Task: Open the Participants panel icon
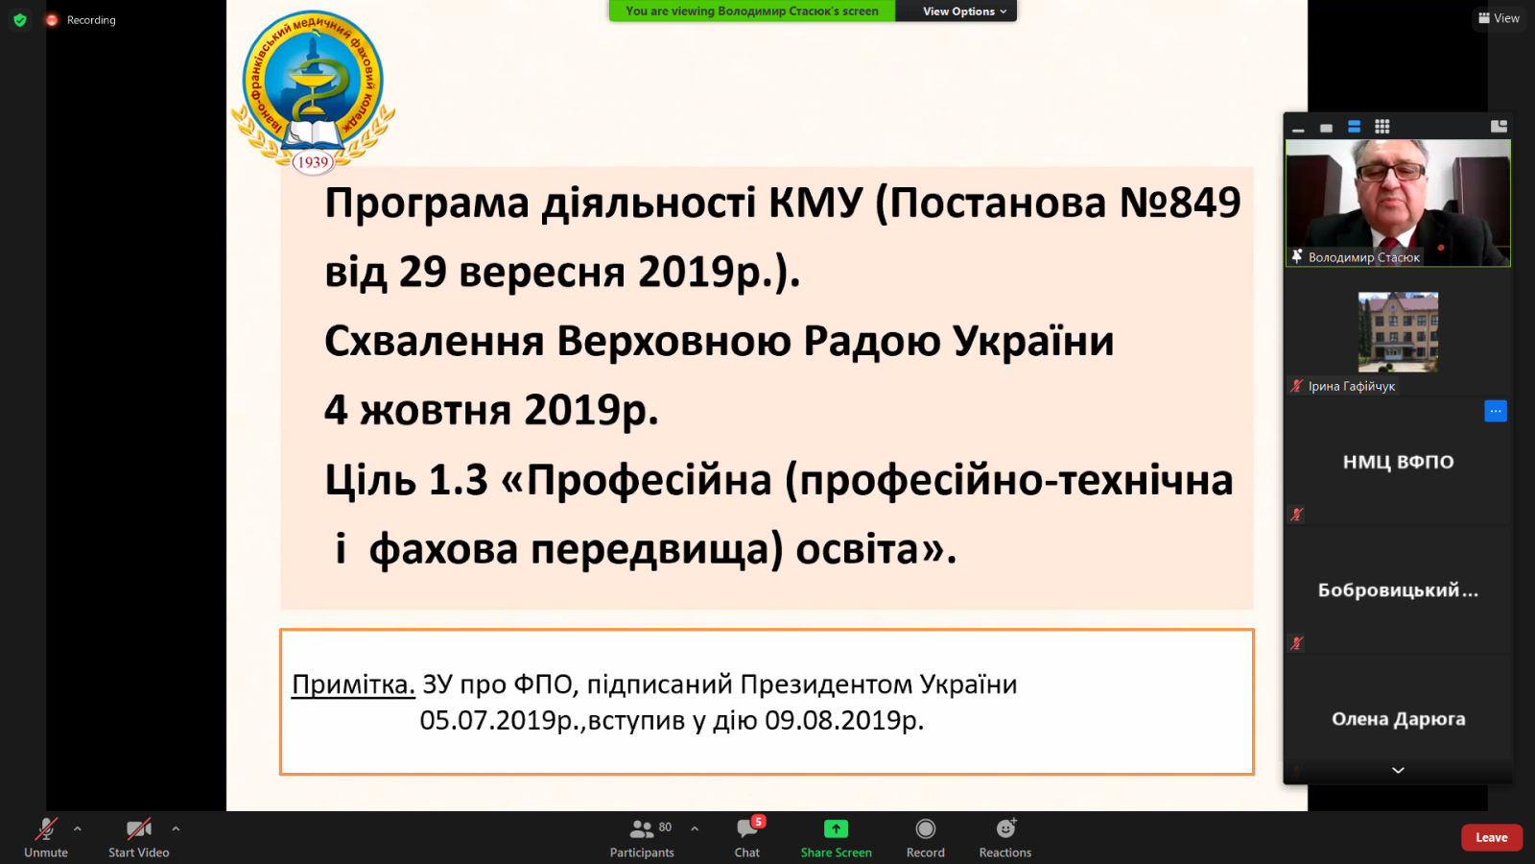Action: coord(642,829)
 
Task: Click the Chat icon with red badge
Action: coord(747,829)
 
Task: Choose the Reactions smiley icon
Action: coord(1005,828)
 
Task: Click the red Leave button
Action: coord(1491,837)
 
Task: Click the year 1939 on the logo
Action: coord(313,162)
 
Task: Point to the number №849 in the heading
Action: coord(1180,203)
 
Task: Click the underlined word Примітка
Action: coord(354,684)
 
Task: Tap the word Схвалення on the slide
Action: coord(435,341)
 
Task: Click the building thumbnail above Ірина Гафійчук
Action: coord(1398,332)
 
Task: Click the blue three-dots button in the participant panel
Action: coord(1496,411)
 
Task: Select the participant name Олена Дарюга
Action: coord(1398,719)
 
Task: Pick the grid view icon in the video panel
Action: coord(1382,127)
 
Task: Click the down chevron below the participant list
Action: coord(1398,771)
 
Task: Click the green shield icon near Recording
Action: coord(20,20)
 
